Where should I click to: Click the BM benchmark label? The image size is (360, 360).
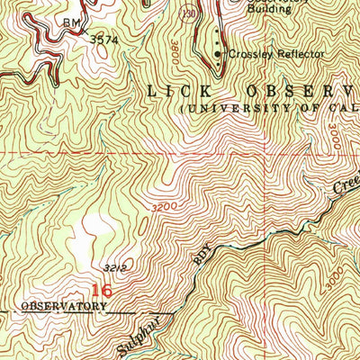click(71, 20)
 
